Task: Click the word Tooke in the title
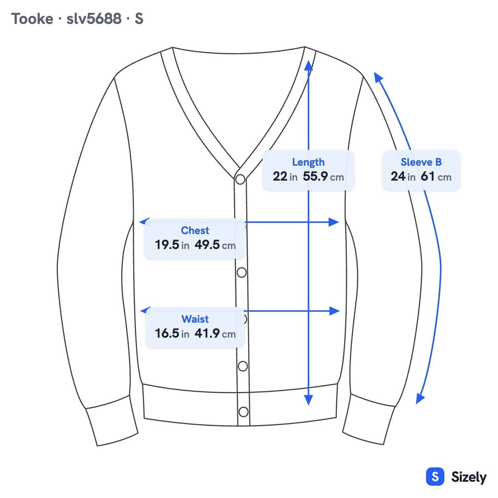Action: pos(32,19)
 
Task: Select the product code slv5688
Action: pos(94,19)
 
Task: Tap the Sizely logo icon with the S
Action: pos(435,476)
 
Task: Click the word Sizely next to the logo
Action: pos(469,477)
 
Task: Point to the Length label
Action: pos(308,162)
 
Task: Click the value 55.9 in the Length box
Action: pos(315,176)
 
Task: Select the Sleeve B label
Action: pos(421,162)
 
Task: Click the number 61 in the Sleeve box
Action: pos(428,176)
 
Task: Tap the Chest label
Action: pos(195,230)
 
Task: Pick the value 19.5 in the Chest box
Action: pos(167,244)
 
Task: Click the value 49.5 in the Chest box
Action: pos(207,244)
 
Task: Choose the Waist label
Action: pos(195,319)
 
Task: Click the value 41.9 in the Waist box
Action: pos(207,333)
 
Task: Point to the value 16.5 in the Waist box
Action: pos(167,333)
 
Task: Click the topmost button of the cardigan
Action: pos(240,179)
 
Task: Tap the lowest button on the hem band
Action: pos(244,412)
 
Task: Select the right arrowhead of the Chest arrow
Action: pos(334,222)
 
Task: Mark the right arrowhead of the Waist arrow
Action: pos(334,311)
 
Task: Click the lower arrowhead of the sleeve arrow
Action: pos(420,398)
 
